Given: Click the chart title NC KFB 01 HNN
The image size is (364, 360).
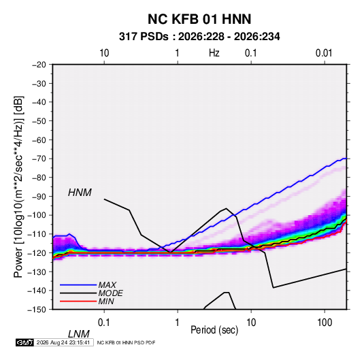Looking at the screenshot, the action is tap(199, 19).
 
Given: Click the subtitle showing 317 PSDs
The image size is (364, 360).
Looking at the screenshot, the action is tap(199, 37).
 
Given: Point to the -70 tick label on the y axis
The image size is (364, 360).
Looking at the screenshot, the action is tap(39, 159).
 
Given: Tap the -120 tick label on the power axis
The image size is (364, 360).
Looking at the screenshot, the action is tap(37, 252).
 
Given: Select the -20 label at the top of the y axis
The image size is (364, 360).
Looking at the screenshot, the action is tap(39, 65).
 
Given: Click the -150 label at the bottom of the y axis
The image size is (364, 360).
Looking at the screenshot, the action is tap(37, 310).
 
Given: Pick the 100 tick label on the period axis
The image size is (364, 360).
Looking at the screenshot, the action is tap(325, 322).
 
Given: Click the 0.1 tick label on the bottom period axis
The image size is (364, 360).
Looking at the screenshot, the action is tap(104, 322).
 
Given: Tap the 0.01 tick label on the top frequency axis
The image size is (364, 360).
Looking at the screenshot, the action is tap(324, 53).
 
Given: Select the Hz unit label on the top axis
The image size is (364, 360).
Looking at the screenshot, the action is tap(214, 53).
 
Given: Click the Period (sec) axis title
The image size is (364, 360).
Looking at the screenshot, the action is tap(214, 330).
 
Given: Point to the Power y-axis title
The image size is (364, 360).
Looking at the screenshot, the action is tap(18, 187).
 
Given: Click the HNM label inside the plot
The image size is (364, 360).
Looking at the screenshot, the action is tap(80, 193).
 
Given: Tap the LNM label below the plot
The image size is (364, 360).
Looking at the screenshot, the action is tap(79, 334).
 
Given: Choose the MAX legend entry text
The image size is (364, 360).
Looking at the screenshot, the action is tap(107, 284).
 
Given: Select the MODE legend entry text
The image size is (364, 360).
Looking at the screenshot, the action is tap(110, 293).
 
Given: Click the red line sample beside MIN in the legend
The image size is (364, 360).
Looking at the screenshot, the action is tap(78, 301).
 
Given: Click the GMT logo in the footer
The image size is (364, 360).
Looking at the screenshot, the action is tap(24, 342).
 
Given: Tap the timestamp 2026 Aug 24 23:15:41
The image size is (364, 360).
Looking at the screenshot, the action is tap(63, 342).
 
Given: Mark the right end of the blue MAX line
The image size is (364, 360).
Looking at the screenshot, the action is tap(346, 159).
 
